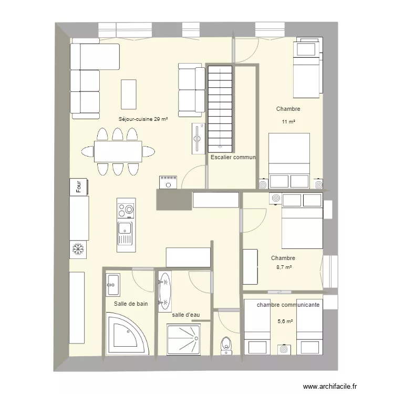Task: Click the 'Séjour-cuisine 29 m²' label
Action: pos(143,119)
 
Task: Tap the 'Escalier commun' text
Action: pos(233,157)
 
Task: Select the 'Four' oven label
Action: pos(78,186)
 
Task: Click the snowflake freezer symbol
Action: pos(78,248)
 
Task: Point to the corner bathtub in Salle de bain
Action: pos(126,334)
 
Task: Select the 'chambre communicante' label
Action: pos(288,305)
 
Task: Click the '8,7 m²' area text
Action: pos(284,267)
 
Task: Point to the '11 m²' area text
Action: pos(288,122)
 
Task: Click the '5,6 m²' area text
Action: pos(285,322)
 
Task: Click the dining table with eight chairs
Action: pos(118,152)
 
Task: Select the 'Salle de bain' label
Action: pos(131,304)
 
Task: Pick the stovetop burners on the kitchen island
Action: pos(126,210)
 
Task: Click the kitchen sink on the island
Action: pos(126,227)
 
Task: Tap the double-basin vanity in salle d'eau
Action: pos(164,292)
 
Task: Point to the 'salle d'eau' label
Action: pos(186,315)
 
